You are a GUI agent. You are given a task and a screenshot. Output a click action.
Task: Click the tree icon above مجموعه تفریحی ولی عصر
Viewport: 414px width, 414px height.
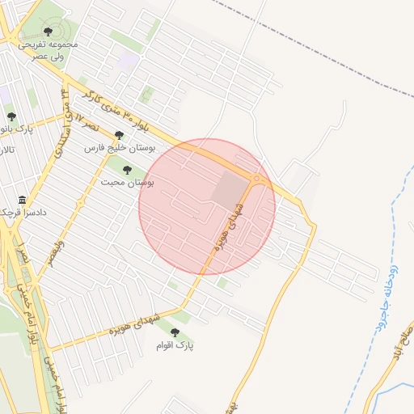48,32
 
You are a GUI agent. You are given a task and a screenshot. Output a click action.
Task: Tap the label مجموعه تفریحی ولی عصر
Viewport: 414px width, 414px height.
48,50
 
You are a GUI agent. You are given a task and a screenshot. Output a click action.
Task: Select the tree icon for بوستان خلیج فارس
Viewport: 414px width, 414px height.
120,135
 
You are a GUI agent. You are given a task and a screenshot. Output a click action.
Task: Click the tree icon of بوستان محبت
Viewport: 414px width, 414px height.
127,169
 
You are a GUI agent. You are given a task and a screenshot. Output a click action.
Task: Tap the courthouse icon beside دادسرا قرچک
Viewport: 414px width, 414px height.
21,200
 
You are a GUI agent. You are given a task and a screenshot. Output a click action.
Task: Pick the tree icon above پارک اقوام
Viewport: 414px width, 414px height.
175,331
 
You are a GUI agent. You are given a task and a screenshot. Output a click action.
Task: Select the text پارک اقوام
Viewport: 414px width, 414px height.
175,345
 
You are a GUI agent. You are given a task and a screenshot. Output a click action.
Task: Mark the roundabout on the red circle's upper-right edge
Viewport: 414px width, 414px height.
257,178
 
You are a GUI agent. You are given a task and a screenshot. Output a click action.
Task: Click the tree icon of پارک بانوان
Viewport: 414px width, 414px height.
11,117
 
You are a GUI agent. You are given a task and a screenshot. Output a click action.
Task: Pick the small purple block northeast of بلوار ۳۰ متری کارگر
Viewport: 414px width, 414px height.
127,60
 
